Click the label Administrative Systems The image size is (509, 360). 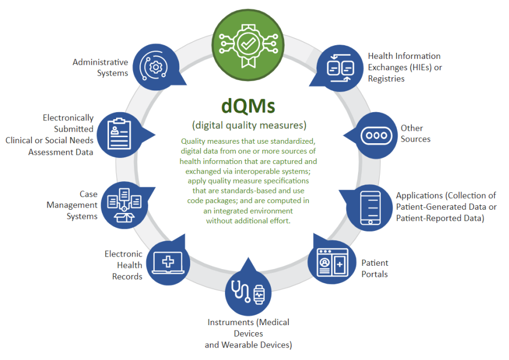[100, 68]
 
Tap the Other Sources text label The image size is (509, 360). [415, 133]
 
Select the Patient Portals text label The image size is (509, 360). [375, 269]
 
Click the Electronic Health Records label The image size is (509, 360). [124, 265]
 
